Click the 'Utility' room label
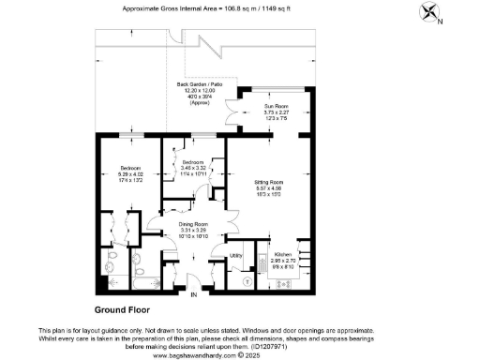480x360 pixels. (x=236, y=254)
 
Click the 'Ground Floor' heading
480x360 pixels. (x=123, y=310)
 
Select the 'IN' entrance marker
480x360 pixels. (x=194, y=296)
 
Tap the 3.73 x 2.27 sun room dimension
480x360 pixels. (x=275, y=113)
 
